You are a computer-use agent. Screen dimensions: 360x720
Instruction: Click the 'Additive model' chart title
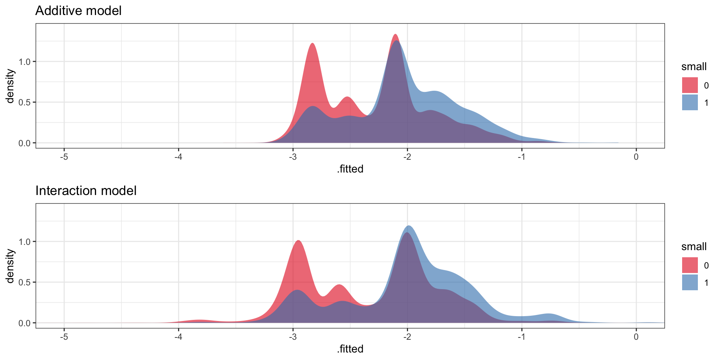click(x=78, y=10)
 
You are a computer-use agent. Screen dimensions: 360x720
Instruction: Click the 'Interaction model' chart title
click(x=86, y=190)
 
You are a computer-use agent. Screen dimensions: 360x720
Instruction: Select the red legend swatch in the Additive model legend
click(x=690, y=85)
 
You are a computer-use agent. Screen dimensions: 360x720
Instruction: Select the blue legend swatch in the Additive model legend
click(x=690, y=102)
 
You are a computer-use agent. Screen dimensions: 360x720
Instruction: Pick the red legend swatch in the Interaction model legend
click(x=690, y=265)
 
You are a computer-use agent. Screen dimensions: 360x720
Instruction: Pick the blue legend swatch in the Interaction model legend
click(x=690, y=282)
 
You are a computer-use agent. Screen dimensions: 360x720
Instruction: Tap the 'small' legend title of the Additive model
click(x=694, y=67)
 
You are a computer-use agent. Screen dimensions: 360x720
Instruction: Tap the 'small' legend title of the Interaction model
click(x=694, y=247)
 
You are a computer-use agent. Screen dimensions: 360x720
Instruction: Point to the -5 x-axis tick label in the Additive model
click(x=64, y=157)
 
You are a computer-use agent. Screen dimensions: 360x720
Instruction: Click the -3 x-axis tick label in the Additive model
click(x=293, y=157)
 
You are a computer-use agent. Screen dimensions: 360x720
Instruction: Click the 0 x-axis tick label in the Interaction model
click(x=636, y=337)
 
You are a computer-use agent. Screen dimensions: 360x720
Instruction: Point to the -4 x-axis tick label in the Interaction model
click(x=178, y=337)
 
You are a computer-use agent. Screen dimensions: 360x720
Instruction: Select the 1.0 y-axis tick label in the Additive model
click(x=25, y=61)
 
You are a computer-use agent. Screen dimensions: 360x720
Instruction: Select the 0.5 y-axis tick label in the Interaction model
click(x=25, y=282)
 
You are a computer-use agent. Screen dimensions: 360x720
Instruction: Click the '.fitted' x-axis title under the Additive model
click(x=350, y=169)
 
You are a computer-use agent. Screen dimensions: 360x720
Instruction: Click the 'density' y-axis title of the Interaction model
click(x=10, y=266)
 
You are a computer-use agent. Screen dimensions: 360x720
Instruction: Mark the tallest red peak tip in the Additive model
click(x=395, y=34)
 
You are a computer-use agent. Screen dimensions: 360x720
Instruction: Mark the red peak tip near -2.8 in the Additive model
click(x=312, y=43)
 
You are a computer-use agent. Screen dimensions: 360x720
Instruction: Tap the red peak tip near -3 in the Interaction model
click(x=298, y=240)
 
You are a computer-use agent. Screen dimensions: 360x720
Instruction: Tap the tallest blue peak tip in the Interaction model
click(x=409, y=226)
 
